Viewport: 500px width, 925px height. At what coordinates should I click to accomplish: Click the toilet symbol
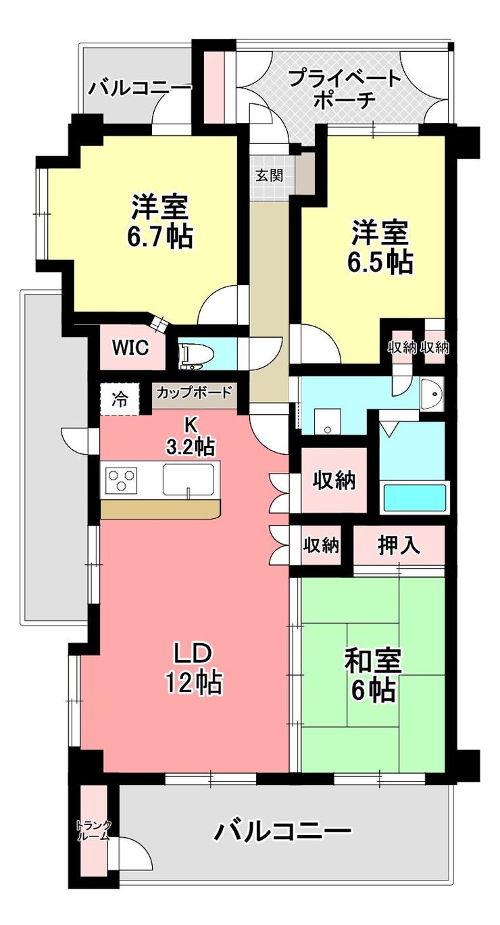pyautogui.click(x=195, y=354)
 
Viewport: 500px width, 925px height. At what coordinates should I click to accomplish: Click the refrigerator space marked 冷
pyautogui.click(x=119, y=399)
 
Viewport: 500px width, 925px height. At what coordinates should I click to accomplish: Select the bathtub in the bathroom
pyautogui.click(x=415, y=498)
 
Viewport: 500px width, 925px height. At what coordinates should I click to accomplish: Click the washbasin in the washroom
pyautogui.click(x=430, y=394)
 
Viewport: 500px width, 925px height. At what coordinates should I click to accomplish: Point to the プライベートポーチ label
pyautogui.click(x=345, y=89)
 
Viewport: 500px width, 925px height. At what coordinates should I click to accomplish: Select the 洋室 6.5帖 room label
pyautogui.click(x=380, y=247)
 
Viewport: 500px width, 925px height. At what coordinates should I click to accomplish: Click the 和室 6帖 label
pyautogui.click(x=374, y=676)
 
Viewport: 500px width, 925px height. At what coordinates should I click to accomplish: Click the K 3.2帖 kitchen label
pyautogui.click(x=191, y=435)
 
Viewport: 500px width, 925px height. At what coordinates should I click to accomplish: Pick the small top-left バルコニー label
pyautogui.click(x=140, y=88)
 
